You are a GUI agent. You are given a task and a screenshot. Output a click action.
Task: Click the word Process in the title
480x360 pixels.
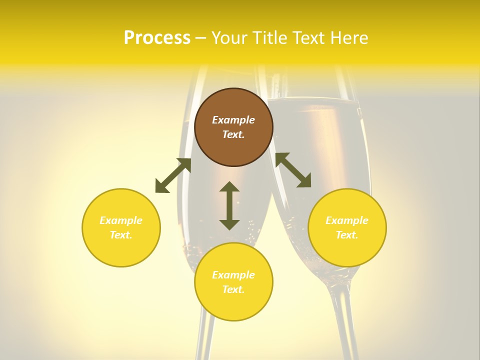[157, 38]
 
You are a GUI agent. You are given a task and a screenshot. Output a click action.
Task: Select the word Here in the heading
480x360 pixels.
[348, 38]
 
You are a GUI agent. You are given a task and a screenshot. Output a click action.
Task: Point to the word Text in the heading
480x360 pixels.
[308, 38]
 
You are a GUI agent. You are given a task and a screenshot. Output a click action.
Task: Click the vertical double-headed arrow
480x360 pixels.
[229, 205]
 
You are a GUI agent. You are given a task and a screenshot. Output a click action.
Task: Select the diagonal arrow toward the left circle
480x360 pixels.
[173, 175]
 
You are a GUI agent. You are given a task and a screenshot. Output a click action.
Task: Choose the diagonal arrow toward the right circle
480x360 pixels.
[293, 170]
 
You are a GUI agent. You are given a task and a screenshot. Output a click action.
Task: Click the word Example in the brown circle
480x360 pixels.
[233, 120]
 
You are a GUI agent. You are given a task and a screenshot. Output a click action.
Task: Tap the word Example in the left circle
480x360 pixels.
[121, 220]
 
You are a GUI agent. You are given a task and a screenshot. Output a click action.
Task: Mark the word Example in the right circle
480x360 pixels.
[347, 220]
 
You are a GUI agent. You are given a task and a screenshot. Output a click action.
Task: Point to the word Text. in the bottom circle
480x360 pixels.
[233, 289]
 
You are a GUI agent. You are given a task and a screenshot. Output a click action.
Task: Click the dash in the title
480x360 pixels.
[201, 38]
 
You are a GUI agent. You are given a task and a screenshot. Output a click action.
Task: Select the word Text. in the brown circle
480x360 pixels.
[233, 134]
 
